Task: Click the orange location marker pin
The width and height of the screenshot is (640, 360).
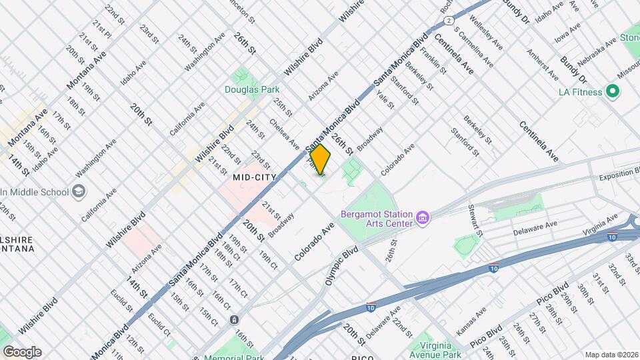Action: [x=321, y=159]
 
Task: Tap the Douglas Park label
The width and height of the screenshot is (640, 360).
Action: [x=251, y=89]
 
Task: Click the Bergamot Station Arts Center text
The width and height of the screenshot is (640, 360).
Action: [x=377, y=219]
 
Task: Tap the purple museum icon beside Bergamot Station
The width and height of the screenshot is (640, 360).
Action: [x=422, y=218]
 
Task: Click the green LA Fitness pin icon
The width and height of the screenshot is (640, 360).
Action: [x=612, y=92]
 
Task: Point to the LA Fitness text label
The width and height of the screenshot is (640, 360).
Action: [x=581, y=92]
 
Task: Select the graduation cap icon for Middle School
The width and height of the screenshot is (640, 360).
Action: [x=79, y=192]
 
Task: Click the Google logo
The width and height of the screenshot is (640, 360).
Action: [x=22, y=351]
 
